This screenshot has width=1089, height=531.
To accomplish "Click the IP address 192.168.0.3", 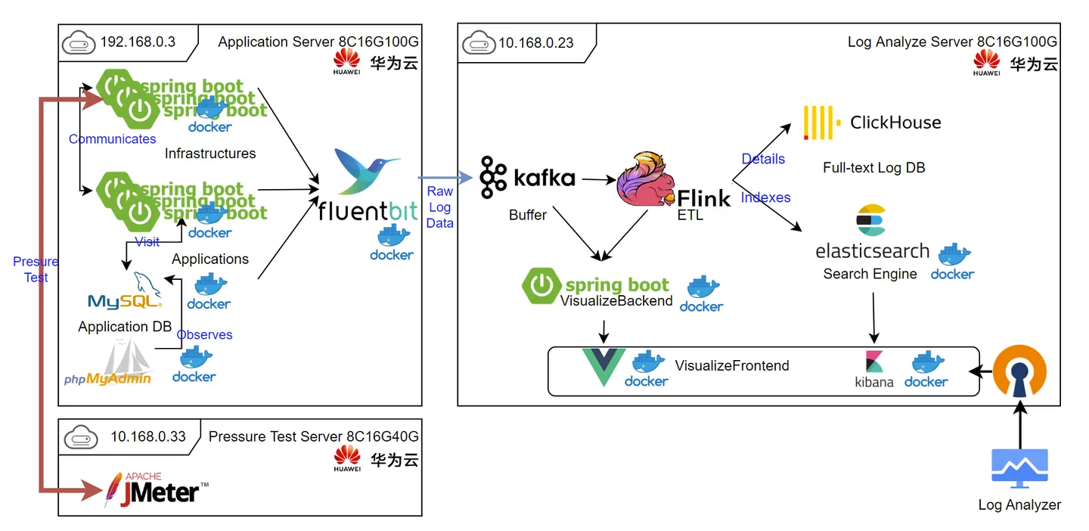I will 138,42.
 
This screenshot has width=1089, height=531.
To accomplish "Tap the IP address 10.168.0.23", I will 535,42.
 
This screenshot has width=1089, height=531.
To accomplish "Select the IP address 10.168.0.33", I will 147,436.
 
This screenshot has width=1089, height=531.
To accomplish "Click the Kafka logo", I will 528,178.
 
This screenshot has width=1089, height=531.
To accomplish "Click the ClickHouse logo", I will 871,123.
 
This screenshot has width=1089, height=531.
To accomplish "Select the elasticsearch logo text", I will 872,250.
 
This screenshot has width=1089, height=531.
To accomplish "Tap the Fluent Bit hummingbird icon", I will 368,172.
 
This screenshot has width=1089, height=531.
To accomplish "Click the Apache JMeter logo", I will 156,489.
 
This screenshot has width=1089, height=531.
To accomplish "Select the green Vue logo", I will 603,367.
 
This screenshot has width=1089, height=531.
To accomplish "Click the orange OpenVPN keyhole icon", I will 1019,372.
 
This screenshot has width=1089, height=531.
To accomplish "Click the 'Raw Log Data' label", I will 439,207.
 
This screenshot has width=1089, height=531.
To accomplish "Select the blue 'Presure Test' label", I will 36,269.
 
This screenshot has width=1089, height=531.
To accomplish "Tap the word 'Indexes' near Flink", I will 765,197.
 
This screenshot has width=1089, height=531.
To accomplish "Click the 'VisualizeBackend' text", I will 616,301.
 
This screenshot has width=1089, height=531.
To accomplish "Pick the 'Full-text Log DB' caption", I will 873,168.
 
